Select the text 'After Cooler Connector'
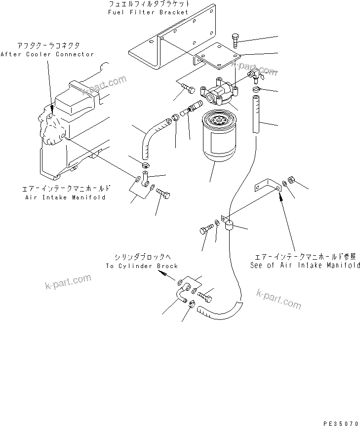(47, 54)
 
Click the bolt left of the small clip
(206, 230)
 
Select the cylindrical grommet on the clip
(230, 227)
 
